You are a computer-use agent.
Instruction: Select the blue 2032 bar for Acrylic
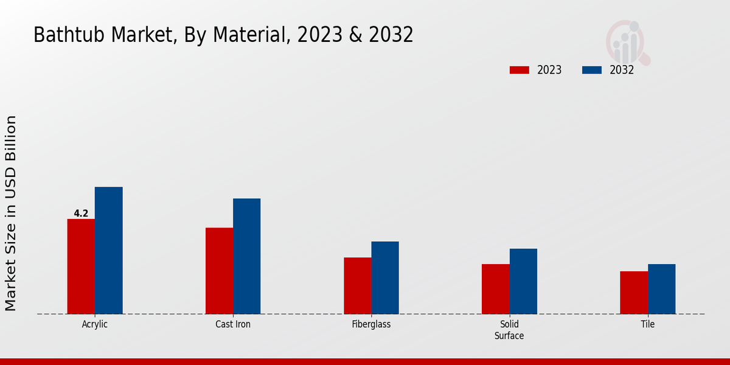[109, 251]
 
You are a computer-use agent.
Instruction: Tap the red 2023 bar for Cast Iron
[219, 271]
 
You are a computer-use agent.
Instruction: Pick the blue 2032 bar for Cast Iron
[247, 256]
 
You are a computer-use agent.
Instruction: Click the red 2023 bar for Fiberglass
[357, 286]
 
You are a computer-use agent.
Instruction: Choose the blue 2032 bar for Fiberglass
[385, 278]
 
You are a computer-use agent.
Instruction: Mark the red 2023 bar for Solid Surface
[496, 289]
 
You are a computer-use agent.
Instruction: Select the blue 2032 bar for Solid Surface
[523, 281]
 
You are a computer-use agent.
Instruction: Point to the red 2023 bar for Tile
[634, 293]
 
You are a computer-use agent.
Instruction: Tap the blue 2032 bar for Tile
[662, 289]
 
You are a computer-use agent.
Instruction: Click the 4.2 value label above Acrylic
[81, 214]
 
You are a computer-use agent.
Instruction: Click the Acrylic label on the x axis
[95, 324]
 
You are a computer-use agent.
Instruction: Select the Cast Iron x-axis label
[233, 324]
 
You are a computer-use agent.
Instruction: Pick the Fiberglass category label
[371, 324]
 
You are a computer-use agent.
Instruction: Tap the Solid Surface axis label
[509, 330]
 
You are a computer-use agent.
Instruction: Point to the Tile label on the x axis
[648, 324]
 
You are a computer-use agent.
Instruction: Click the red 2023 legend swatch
[519, 70]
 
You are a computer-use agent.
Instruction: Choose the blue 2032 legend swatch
[592, 70]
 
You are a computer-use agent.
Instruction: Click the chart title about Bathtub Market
[223, 35]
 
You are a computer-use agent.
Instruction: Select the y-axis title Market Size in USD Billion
[12, 213]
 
